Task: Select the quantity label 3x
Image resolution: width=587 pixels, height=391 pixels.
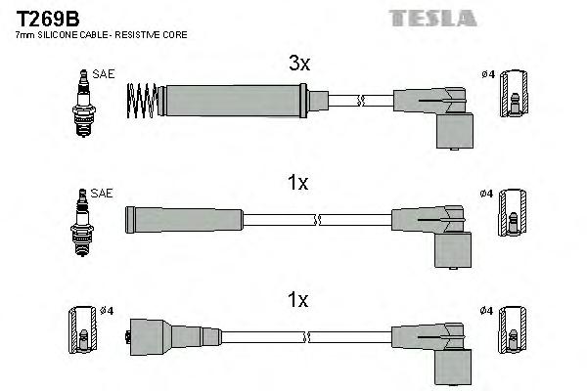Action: coord(298,64)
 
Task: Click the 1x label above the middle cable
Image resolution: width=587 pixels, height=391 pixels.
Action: coord(298,183)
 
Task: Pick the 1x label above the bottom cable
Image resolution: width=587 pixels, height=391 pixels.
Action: coord(298,301)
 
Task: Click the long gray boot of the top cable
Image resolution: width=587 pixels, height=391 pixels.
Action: coord(235,99)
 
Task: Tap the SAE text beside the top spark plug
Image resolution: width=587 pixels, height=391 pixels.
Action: coord(103,73)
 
